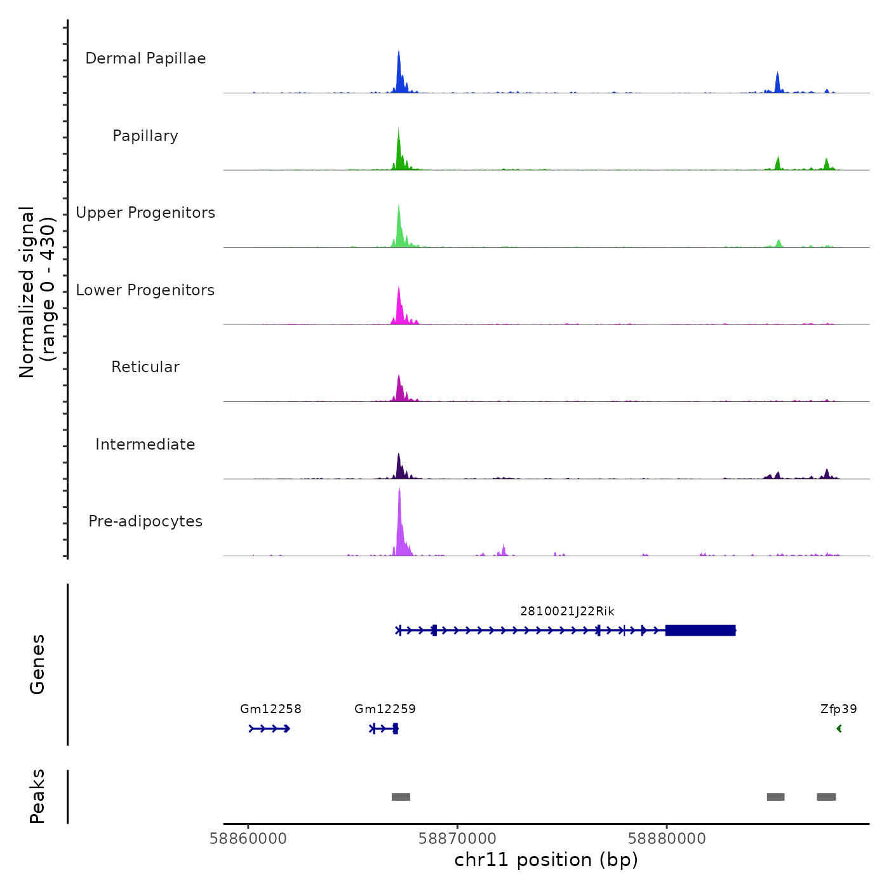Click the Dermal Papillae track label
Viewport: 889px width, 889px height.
coord(145,58)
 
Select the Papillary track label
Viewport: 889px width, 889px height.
coord(145,136)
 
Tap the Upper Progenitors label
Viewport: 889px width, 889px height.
coord(145,213)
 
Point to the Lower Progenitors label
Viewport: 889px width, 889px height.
coord(145,290)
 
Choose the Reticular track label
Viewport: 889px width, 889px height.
coord(145,367)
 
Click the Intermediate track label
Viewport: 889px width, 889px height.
coord(145,444)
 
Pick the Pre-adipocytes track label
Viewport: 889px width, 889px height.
coord(145,521)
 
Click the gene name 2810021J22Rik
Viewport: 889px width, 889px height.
coord(567,612)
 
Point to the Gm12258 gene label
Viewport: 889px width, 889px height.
coord(271,709)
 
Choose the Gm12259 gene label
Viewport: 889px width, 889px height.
coord(385,709)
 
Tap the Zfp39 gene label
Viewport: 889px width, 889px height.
coord(838,709)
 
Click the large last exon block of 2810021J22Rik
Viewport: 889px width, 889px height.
coord(700,631)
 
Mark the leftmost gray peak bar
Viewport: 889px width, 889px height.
coord(401,797)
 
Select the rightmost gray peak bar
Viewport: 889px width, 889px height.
coord(826,797)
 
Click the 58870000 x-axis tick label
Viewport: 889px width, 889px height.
coord(457,839)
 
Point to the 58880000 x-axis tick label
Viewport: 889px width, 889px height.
coord(667,839)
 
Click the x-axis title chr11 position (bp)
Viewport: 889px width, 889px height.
coord(546,860)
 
